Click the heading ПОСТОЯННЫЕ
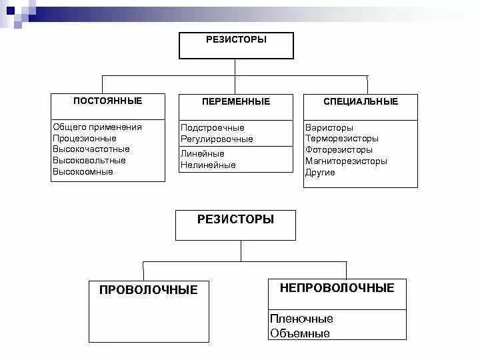tap(107, 101)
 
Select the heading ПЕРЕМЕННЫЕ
tap(236, 101)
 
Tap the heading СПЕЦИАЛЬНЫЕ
tap(361, 101)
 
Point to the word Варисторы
tap(329, 127)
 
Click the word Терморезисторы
tap(342, 139)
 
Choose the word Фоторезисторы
tap(339, 150)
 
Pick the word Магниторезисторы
tap(346, 161)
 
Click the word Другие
tap(320, 173)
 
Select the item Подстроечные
tap(213, 127)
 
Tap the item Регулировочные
tap(217, 139)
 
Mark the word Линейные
tap(203, 153)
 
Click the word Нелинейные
tap(208, 165)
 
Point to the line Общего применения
tap(97, 127)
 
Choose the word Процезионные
tap(84, 138)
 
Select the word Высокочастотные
tap(91, 149)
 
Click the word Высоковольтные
tap(89, 161)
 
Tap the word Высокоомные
tap(83, 172)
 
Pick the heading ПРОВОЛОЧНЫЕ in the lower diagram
tap(148, 290)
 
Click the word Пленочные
tap(301, 319)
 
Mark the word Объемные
tap(300, 333)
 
